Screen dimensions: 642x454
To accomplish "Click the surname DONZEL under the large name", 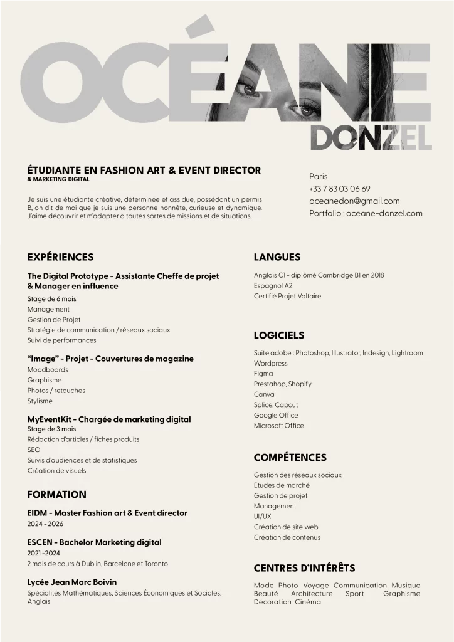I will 371,137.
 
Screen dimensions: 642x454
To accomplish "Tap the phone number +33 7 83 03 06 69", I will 339,189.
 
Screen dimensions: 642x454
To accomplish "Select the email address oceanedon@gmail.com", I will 354,201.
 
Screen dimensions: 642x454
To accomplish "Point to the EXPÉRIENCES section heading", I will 60,257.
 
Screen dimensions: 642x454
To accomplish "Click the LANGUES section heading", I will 277,257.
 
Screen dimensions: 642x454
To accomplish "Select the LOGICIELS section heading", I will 279,335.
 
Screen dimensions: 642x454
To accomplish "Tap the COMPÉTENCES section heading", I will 290,458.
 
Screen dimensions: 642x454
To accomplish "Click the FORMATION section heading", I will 56,495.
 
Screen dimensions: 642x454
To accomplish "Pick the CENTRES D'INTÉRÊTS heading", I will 304,568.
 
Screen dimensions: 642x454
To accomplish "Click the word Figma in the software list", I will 263,374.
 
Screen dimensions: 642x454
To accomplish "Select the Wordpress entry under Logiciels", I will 271,364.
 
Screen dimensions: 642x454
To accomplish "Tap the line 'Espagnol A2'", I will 268,286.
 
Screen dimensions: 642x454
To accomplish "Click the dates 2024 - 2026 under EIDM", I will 45,524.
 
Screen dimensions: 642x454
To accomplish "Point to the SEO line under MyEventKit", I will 33,450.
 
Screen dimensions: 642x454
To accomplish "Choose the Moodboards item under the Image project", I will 48,370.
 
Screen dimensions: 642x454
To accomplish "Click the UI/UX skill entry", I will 262,517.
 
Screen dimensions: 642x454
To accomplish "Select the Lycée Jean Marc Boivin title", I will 71,582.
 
